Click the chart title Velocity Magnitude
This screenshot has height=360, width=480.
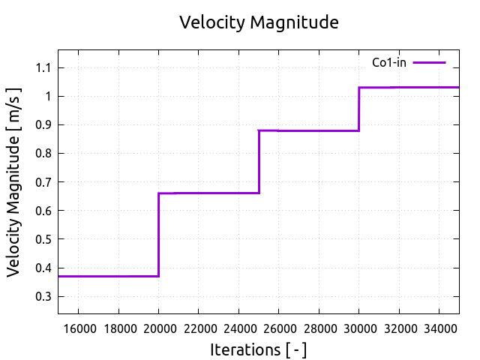tap(259, 22)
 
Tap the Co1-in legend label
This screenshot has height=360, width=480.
tap(389, 62)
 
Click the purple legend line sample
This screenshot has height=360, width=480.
tap(429, 62)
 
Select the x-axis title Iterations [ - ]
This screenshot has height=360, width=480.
tap(259, 349)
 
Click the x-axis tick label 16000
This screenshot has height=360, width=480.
tap(79, 328)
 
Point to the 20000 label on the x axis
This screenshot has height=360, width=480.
tap(158, 328)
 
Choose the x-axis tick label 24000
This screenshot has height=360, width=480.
tap(238, 328)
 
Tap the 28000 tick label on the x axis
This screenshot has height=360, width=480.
tap(319, 328)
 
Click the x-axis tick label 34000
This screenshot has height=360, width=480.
tap(439, 328)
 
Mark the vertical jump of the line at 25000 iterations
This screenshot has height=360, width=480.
tap(259, 161)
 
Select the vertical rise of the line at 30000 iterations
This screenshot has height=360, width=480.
tap(358, 109)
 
